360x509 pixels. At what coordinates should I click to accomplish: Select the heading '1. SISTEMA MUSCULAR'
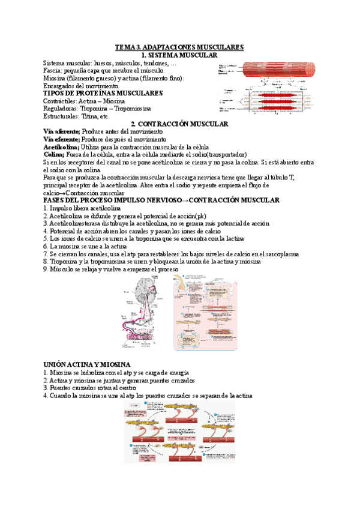point(179,55)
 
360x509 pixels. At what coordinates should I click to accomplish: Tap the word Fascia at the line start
point(53,71)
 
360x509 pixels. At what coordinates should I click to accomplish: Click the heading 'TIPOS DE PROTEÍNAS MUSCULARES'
point(103,94)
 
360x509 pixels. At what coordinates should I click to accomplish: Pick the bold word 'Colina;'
point(56,154)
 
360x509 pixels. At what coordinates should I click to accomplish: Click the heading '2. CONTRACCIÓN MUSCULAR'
point(179,124)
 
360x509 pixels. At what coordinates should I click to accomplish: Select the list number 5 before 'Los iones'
point(46,238)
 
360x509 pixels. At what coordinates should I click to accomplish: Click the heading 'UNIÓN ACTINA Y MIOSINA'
point(87,364)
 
